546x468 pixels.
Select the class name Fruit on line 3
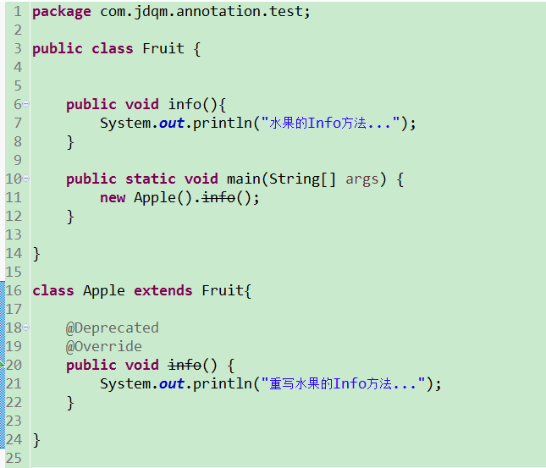163,48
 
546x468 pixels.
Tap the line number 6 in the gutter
17,104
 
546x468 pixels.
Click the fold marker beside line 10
26,179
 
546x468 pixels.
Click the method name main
244,179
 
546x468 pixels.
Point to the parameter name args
362,179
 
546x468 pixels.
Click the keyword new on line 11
113,197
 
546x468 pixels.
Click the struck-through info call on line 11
218,197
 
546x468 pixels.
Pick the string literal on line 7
331,123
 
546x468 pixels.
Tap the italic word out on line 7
171,123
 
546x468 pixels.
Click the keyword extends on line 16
163,290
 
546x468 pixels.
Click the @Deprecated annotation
113,328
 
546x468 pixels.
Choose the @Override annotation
104,346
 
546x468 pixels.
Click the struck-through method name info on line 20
185,365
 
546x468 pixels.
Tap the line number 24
14,439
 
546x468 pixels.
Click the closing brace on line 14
36,253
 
